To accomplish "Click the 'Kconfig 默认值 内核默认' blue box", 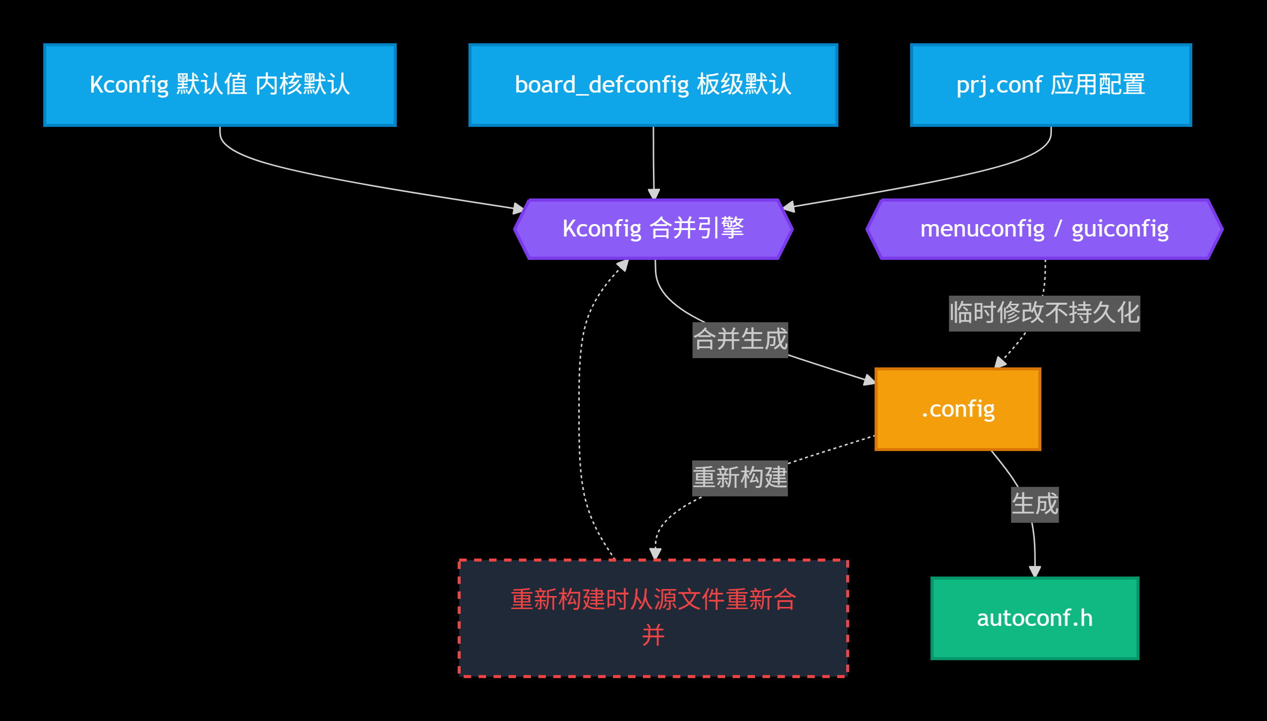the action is (220, 85).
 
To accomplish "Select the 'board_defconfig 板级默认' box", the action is (653, 85).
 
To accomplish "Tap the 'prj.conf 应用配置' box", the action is (1051, 85).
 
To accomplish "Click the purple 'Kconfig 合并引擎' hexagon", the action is (653, 229).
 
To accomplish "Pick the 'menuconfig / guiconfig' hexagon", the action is (1045, 229).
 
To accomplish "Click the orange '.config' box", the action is (958, 409).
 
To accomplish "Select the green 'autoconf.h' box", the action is (1035, 618).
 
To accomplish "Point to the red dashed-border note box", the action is (653, 618).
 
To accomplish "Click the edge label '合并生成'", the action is (741, 340).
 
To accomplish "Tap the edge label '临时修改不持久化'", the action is (1044, 314).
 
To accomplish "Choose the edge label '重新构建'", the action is (740, 478).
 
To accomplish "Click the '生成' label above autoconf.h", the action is (1035, 504).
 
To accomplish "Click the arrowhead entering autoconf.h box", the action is (1035, 572).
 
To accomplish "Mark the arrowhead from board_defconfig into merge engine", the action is (654, 194).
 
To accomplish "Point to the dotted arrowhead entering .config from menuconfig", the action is (1000, 362).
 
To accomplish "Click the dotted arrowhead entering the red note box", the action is (655, 554).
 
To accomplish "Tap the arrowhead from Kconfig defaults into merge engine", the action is (519, 208).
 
